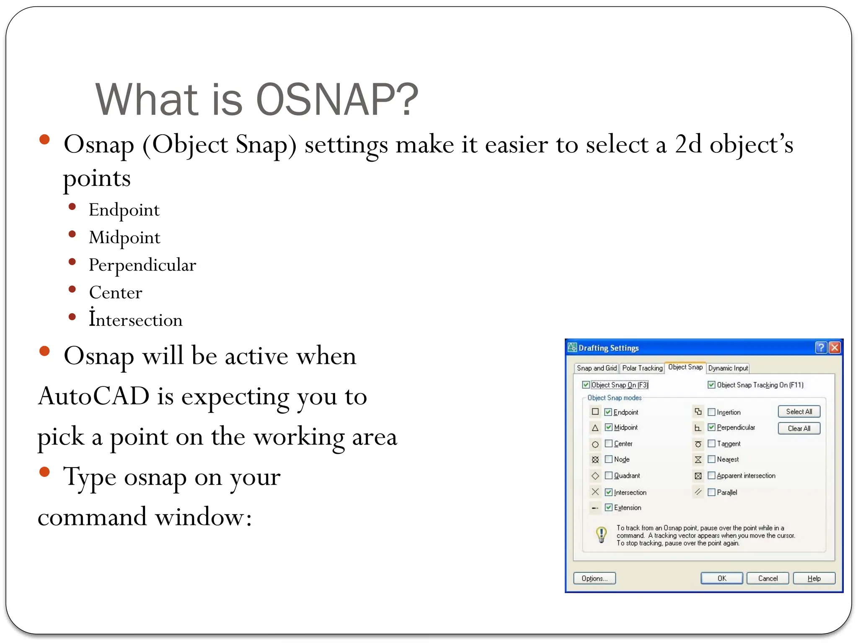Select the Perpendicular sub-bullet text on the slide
pos(142,265)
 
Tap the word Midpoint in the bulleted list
pos(124,238)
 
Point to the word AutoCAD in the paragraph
pos(94,396)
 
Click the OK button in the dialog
pos(721,578)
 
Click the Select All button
pos(799,412)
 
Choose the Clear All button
pos(799,428)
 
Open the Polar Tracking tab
pos(642,368)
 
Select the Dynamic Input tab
pos(728,368)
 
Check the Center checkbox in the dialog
pos(609,443)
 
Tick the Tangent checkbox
pos(711,443)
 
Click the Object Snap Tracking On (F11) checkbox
pos(711,385)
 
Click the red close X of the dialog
pos(835,347)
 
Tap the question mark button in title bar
pos(821,347)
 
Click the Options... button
pos(594,578)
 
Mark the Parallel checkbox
pos(711,492)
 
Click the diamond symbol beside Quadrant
pos(595,476)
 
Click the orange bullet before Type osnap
pos(44,472)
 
